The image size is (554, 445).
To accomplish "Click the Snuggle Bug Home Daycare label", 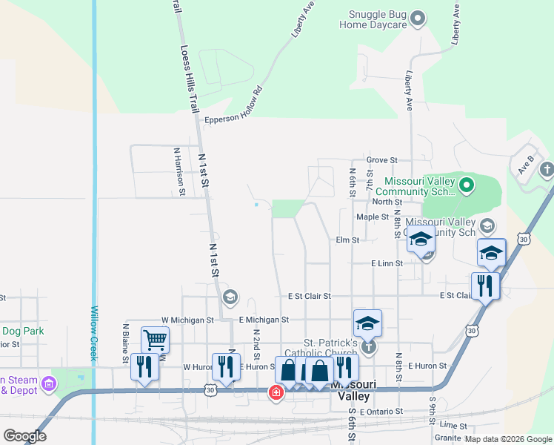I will tap(373, 19).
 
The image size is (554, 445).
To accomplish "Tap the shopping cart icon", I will tap(155, 340).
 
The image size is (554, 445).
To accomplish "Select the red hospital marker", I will tap(276, 392).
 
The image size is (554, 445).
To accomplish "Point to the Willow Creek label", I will tap(94, 334).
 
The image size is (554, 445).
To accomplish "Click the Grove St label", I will tap(382, 159).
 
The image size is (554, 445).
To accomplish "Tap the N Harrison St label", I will tap(178, 171).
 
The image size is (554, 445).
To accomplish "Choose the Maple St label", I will tap(372, 217).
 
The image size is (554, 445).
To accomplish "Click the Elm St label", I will tap(347, 240).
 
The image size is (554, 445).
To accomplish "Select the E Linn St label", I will tap(387, 263).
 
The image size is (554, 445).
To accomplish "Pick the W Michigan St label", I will tap(187, 320).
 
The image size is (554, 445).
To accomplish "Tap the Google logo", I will tap(24, 436).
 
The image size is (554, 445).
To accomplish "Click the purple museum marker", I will tap(49, 383).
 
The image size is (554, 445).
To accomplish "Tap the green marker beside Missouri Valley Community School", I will tap(466, 185).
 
